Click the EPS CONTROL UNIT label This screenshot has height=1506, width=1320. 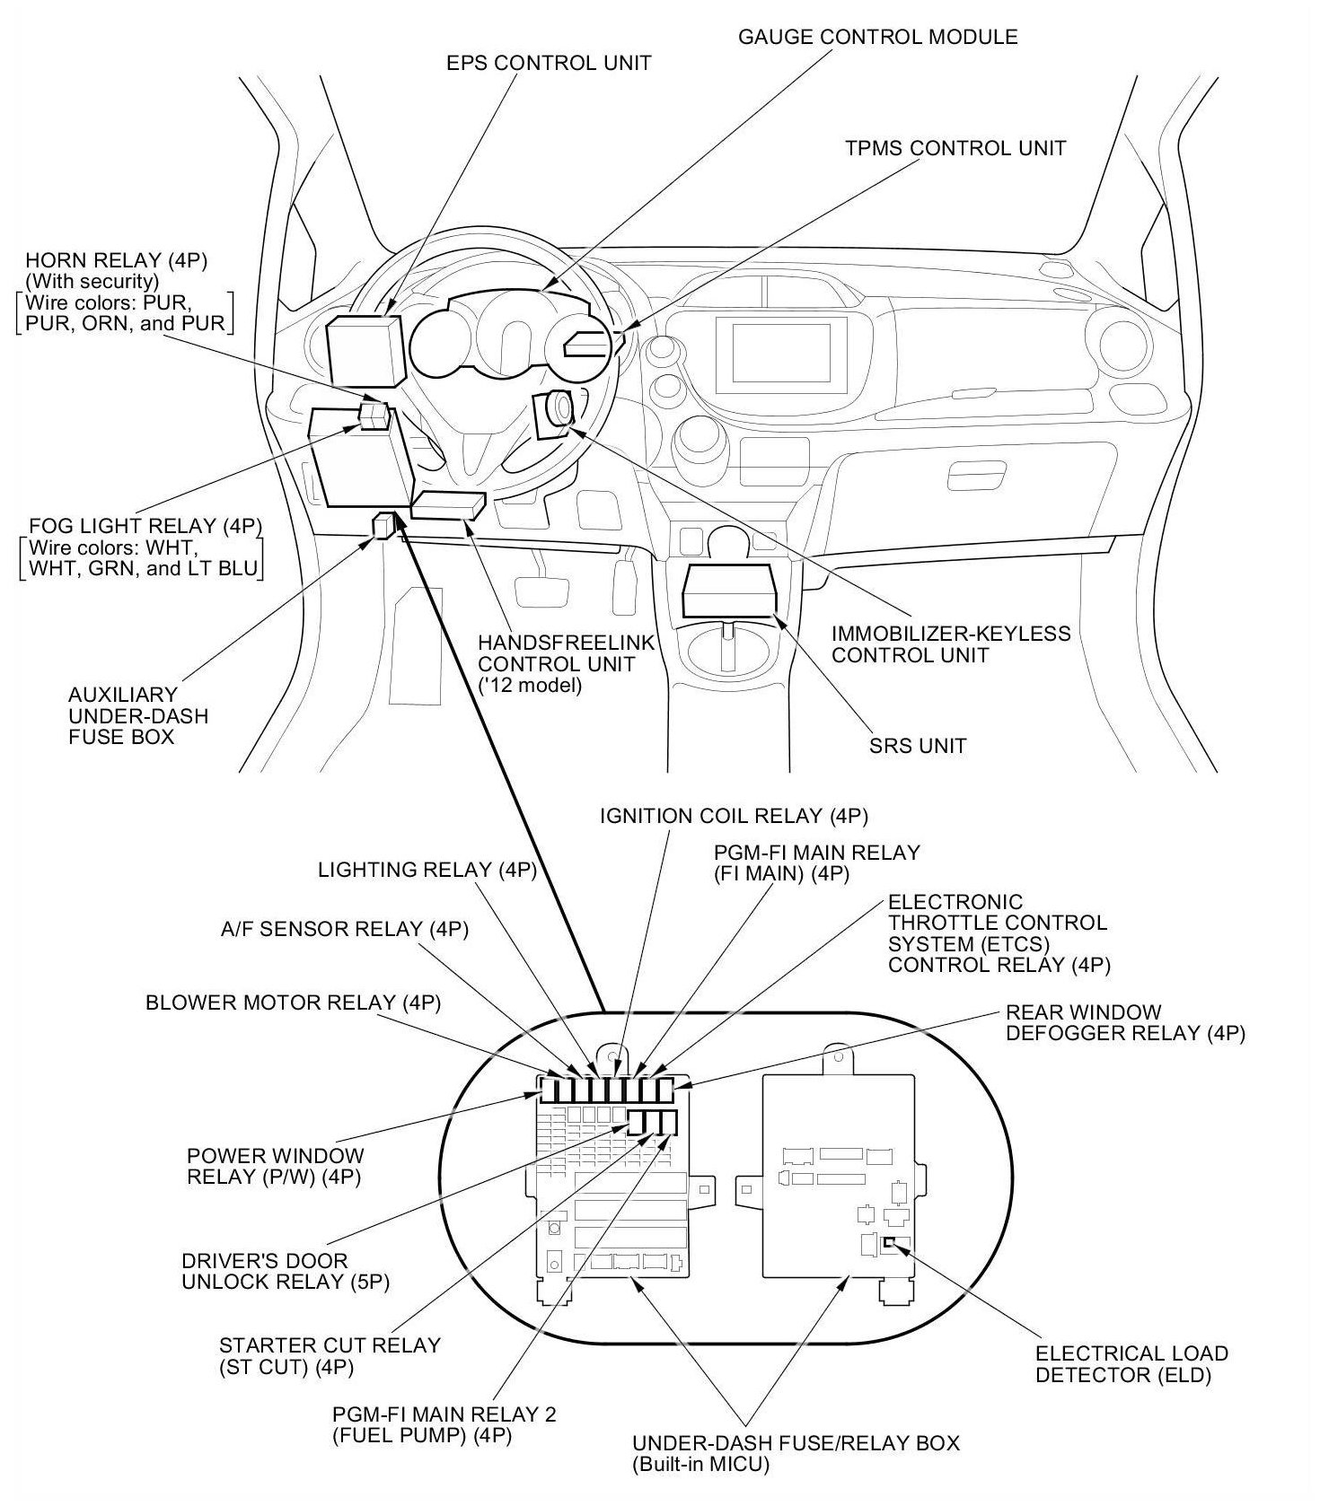(549, 63)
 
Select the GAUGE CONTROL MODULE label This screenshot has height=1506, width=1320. (877, 37)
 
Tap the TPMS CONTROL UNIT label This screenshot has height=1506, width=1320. (955, 148)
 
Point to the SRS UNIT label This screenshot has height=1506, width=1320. (918, 746)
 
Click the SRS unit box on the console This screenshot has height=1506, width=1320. (729, 591)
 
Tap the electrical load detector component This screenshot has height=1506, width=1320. (888, 1243)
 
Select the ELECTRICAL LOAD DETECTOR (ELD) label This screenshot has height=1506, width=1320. (1131, 1363)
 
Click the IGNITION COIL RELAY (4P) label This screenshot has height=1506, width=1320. (734, 816)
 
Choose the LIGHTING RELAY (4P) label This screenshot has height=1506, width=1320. (427, 870)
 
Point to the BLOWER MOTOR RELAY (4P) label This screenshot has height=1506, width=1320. (293, 1003)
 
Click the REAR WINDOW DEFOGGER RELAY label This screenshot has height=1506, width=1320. (1125, 1022)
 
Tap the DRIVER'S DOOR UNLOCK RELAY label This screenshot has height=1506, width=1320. (286, 1271)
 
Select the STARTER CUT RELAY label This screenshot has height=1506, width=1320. (330, 1355)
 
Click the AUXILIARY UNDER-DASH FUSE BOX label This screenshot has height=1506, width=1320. (138, 715)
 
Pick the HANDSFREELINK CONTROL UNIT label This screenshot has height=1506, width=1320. (566, 664)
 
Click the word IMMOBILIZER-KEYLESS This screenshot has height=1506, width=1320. (951, 634)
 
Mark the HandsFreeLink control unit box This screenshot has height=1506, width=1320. (448, 505)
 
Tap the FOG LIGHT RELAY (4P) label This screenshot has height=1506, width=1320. (145, 526)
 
